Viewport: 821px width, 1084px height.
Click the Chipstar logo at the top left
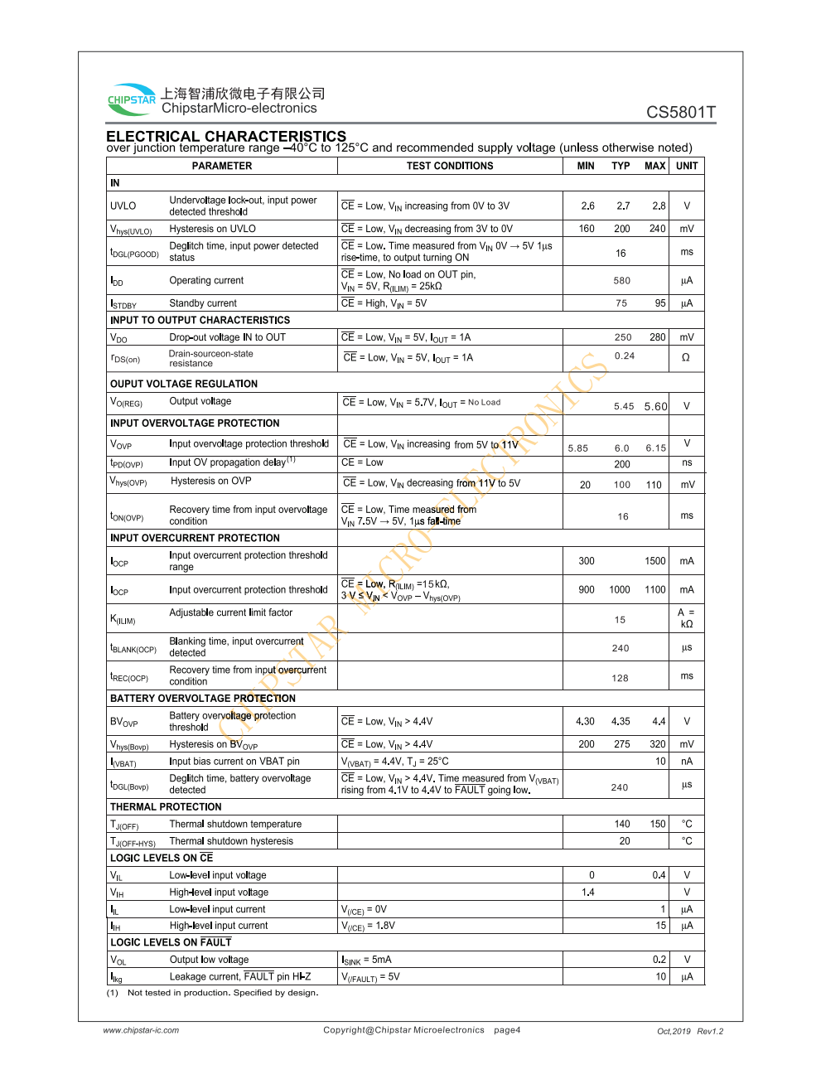tap(132, 99)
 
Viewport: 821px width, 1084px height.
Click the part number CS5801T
tap(681, 112)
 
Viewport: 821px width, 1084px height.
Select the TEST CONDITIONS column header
tap(450, 166)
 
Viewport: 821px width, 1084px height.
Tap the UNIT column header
tap(687, 166)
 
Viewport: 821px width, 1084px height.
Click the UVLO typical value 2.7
tap(623, 206)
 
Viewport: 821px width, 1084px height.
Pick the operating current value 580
tap(622, 281)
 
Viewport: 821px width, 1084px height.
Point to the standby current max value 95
tap(660, 303)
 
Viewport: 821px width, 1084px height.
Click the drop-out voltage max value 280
tap(658, 337)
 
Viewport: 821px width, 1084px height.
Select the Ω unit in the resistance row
tap(686, 358)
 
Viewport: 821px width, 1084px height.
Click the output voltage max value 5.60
tap(656, 406)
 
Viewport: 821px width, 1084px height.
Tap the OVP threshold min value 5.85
tap(578, 448)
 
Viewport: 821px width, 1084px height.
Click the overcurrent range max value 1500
tap(655, 561)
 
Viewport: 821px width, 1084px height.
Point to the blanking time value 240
tap(621, 649)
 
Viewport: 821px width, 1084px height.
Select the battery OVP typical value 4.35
tap(621, 722)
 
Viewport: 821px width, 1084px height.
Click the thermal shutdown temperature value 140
tap(622, 825)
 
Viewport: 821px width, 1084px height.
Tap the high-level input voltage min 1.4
tap(588, 893)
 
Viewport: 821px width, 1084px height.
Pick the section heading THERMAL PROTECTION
tap(166, 807)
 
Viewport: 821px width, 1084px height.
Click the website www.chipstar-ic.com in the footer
tap(141, 1031)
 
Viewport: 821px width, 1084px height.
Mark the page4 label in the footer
tap(507, 1030)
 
